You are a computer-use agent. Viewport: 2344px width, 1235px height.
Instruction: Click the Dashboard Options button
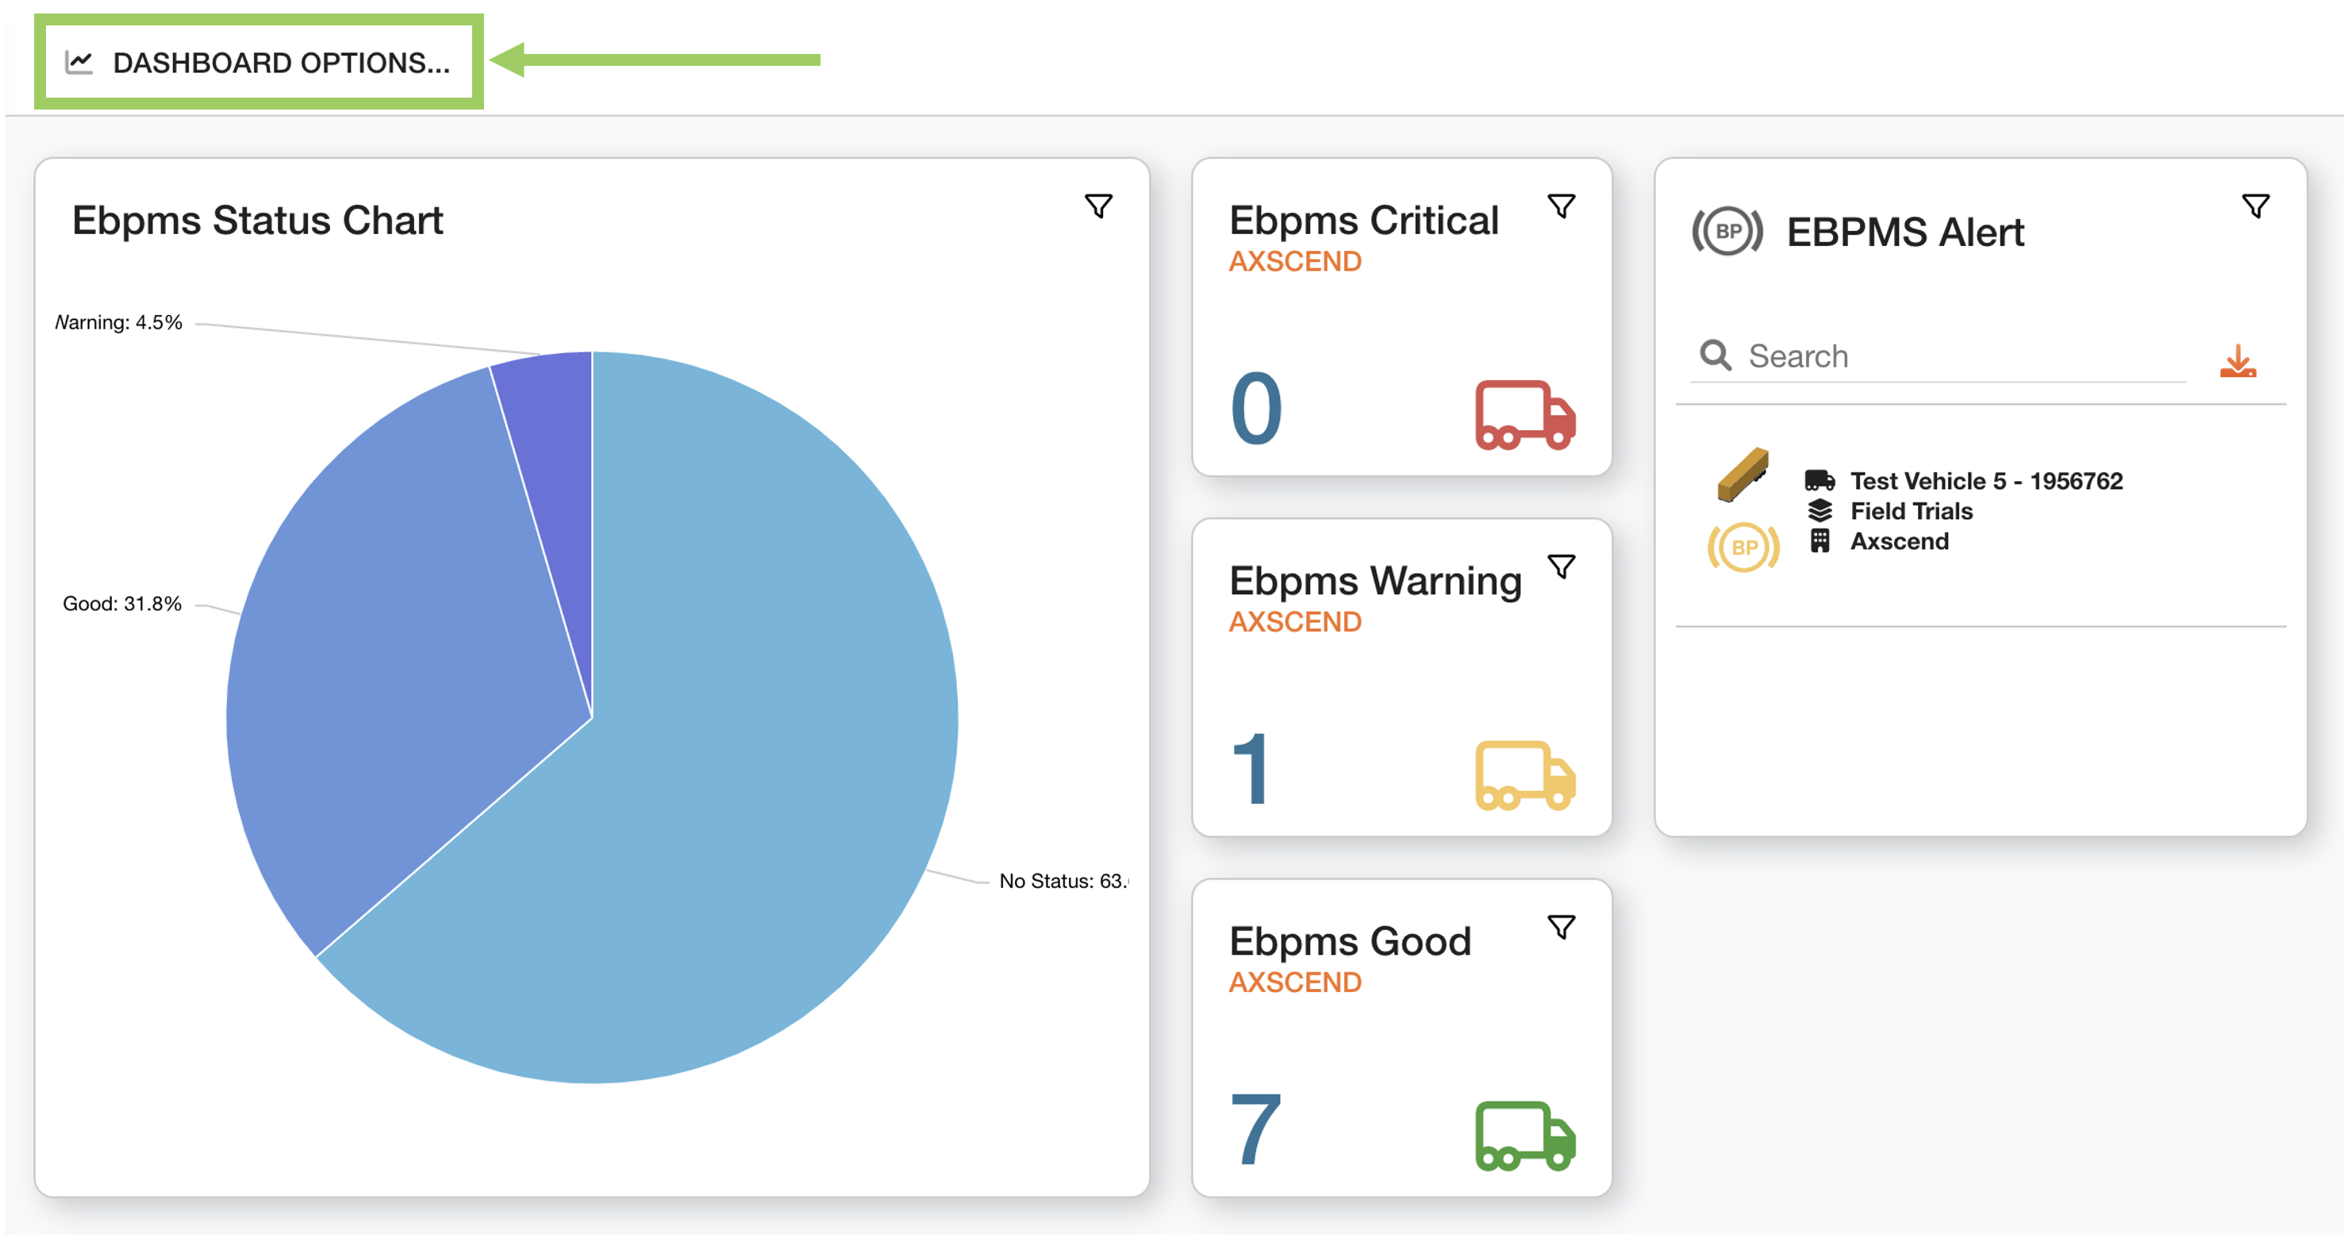click(x=259, y=62)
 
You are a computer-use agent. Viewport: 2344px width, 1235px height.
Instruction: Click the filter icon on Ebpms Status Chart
click(x=1098, y=206)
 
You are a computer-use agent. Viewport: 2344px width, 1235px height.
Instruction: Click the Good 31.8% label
click(x=122, y=603)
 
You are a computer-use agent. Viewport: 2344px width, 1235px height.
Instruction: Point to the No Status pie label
click(x=1061, y=881)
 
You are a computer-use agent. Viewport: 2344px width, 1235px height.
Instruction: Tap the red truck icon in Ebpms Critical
click(x=1525, y=415)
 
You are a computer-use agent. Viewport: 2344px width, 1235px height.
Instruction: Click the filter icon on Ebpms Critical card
click(x=1562, y=206)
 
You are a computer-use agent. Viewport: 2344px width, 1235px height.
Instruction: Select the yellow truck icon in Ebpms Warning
click(x=1525, y=775)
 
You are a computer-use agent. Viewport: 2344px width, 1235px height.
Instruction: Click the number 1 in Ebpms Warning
click(x=1252, y=770)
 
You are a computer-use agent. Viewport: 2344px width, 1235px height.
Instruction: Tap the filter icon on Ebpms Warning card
click(x=1562, y=566)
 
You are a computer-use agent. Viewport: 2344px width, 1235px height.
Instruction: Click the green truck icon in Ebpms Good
click(x=1525, y=1136)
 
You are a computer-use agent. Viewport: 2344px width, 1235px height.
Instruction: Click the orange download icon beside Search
click(x=2238, y=360)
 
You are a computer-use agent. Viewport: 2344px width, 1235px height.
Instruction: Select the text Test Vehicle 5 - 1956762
click(x=1985, y=480)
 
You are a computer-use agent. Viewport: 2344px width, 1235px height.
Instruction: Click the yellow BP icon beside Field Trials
click(x=1743, y=547)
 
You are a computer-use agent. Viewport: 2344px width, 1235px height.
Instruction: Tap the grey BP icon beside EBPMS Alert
click(x=1727, y=231)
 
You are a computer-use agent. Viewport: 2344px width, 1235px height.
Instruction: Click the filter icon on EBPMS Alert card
click(x=2256, y=206)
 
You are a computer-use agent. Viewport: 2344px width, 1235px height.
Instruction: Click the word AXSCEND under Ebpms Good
click(x=1295, y=982)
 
